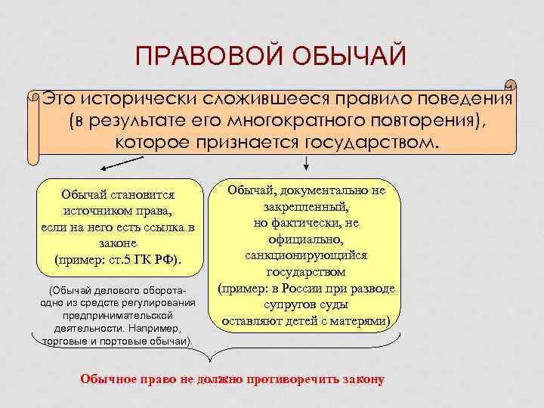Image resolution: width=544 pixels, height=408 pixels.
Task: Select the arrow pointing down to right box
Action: point(305,162)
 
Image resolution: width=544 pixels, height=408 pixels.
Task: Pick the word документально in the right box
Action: point(334,190)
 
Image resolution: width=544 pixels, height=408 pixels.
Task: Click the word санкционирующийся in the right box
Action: point(306,255)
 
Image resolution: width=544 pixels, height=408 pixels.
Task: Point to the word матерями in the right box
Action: point(360,320)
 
